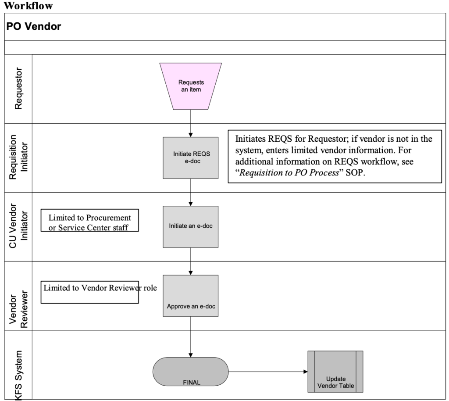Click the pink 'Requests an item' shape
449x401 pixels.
pyautogui.click(x=191, y=86)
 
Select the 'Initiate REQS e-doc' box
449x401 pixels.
pyautogui.click(x=191, y=158)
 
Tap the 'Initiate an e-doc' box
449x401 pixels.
pyautogui.click(x=191, y=226)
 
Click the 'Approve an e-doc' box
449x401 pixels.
pyautogui.click(x=191, y=295)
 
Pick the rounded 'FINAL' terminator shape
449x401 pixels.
pyautogui.click(x=191, y=371)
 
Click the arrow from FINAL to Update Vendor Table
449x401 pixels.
pyautogui.click(x=267, y=371)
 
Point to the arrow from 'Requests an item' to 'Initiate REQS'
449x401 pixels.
pyautogui.click(x=191, y=123)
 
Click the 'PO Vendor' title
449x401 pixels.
pyautogui.click(x=34, y=26)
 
